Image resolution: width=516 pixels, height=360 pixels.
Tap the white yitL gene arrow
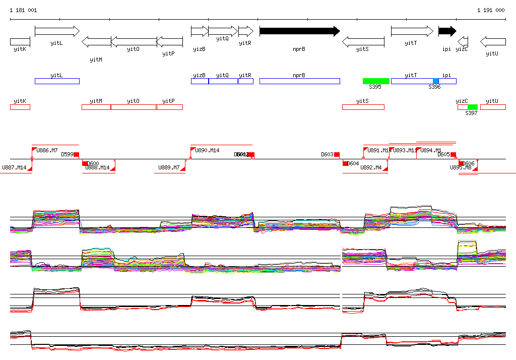tap(57, 31)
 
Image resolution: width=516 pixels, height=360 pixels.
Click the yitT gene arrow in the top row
tap(412, 31)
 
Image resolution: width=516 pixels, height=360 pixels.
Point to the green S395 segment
tap(376, 81)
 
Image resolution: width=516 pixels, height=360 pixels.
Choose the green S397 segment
tap(472, 107)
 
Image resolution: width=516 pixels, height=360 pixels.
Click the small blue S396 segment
tap(436, 81)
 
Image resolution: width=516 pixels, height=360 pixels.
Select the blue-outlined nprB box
tap(299, 81)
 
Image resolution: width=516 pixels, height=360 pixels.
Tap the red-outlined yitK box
tap(20, 107)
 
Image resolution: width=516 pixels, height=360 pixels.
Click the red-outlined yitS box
tap(363, 107)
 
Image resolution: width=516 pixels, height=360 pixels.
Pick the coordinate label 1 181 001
tap(23, 10)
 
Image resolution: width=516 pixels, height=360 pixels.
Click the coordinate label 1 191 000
tap(490, 10)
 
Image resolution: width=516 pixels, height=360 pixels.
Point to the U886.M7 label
tap(47, 151)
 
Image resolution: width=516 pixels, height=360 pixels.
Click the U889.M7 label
tap(169, 167)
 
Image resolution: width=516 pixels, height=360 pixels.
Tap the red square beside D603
tap(337, 154)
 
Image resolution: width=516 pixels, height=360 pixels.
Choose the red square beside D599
tap(77, 154)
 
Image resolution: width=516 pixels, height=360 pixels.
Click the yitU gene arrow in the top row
tap(493, 41)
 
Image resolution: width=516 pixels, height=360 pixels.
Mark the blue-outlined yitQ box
tap(223, 81)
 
